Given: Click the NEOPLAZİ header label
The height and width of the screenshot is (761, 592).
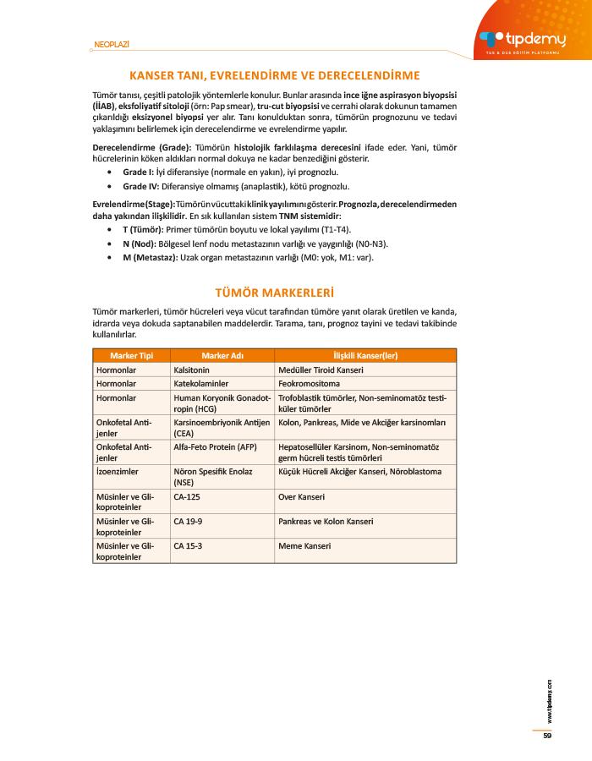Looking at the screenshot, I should pos(112,45).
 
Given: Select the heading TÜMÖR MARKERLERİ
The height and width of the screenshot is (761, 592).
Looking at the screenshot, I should pos(275,293).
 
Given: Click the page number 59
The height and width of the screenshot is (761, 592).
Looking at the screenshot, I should pos(547,735).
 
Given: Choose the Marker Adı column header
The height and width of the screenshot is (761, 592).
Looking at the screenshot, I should pos(222,356).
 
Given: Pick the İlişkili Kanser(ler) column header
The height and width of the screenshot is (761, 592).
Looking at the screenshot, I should pos(366,356).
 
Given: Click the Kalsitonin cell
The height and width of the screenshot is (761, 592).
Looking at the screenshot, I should pos(192,370).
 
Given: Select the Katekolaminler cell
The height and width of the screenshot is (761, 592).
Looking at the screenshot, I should pos(201,383).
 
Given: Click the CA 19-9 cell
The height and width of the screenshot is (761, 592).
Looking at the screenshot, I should pos(188,522).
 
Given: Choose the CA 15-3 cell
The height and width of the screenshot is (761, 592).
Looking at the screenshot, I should pos(188,546).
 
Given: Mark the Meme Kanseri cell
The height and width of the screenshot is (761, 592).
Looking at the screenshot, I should pos(304,546).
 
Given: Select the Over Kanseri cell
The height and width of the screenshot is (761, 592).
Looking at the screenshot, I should pos(302,497).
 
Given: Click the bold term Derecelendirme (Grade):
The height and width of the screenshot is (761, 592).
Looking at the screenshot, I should pos(140,147).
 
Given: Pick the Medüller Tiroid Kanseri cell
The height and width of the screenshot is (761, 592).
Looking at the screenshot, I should pos(321,370).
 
